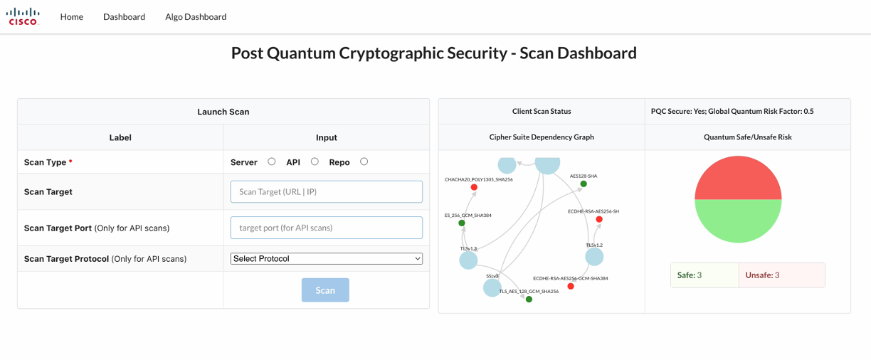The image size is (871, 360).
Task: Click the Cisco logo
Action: (x=23, y=16)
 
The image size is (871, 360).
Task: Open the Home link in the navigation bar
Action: (x=72, y=16)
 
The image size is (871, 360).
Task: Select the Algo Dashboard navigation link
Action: (x=196, y=16)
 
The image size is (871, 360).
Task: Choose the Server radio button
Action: (x=272, y=162)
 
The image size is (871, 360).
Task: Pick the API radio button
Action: (x=315, y=162)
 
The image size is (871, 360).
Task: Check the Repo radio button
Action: (x=364, y=162)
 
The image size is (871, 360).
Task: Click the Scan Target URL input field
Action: (x=326, y=191)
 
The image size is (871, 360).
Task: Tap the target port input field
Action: (x=326, y=228)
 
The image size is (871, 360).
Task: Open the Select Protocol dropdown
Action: (x=326, y=259)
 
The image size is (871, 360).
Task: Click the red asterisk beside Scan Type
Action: (x=70, y=162)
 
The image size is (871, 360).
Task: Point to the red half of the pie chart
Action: (x=738, y=178)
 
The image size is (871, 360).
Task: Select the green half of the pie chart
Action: (x=738, y=221)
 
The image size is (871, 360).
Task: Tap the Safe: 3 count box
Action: (x=704, y=275)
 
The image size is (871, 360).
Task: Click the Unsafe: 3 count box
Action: (x=781, y=275)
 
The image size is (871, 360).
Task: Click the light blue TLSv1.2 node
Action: (x=594, y=257)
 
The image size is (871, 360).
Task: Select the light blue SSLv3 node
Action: (x=492, y=287)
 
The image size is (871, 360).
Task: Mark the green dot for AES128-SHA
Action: (x=584, y=184)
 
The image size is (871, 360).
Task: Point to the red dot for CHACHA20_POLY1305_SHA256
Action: (x=474, y=188)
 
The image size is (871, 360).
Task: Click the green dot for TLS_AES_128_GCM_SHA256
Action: (x=529, y=300)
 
